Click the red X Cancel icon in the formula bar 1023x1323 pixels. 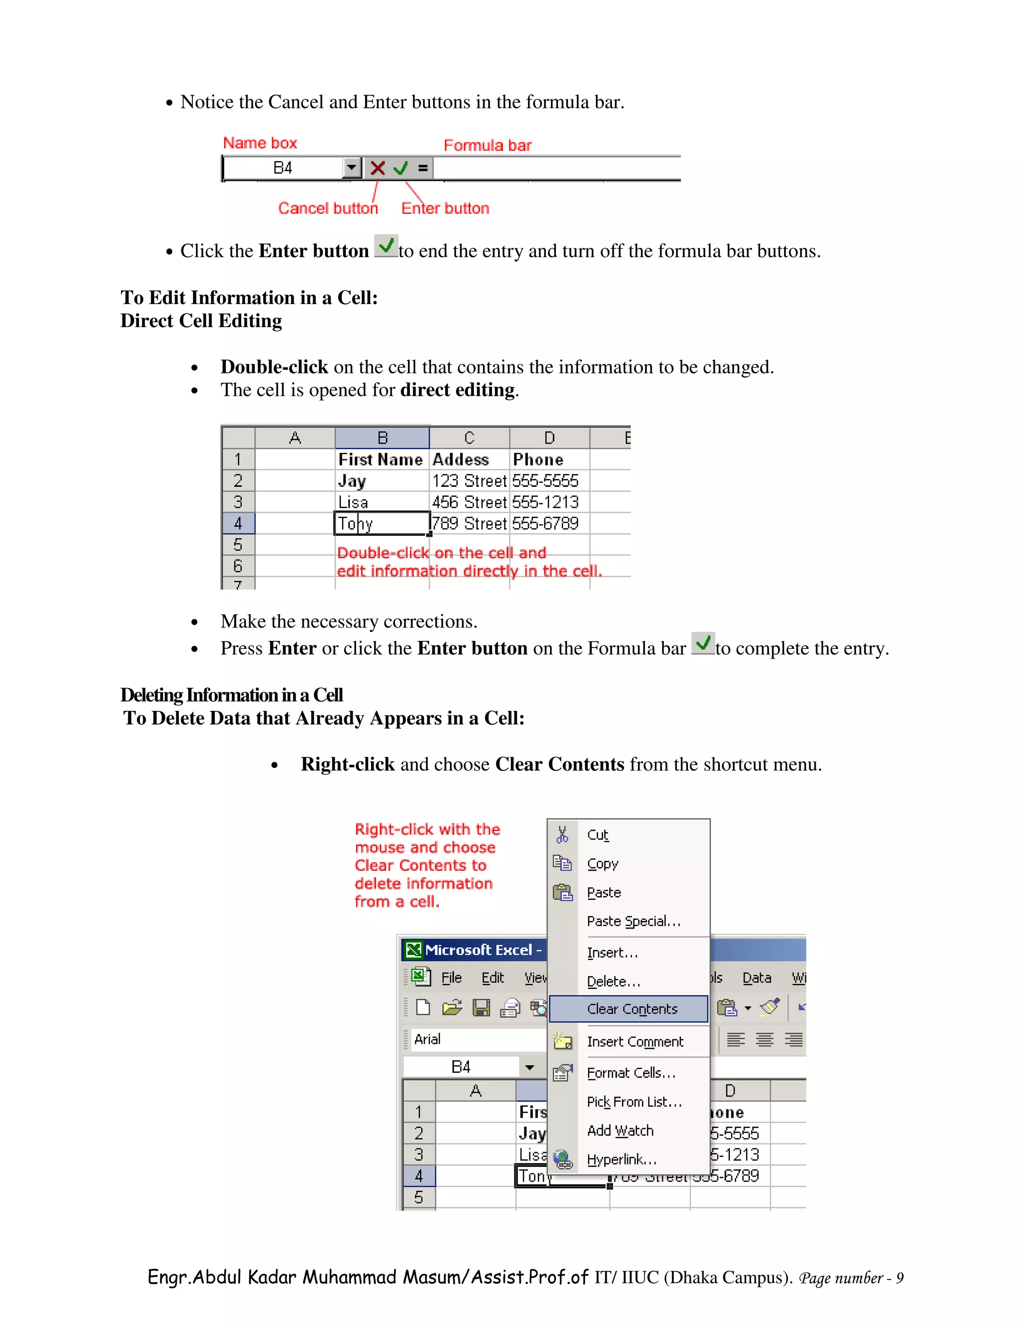coord(378,168)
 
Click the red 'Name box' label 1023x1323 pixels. coord(260,143)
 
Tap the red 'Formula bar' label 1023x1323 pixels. coord(487,145)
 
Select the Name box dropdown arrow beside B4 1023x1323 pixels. coord(352,167)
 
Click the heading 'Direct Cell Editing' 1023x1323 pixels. coord(201,321)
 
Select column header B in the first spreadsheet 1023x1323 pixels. coord(382,437)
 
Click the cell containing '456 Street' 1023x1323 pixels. coord(469,502)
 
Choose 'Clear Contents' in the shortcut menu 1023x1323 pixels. coord(631,1009)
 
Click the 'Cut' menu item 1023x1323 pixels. coord(597,835)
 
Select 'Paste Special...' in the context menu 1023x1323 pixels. coord(633,922)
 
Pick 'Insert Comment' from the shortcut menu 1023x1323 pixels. coord(634,1042)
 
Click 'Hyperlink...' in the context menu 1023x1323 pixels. coord(621,1159)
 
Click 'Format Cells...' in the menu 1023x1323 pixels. coord(630,1073)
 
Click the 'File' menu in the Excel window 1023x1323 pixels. coord(451,978)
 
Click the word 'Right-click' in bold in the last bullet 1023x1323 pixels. coord(347,764)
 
